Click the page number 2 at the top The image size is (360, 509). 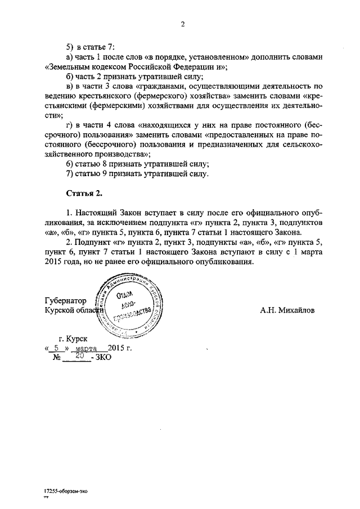click(183, 24)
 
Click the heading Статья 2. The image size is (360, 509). click(84, 193)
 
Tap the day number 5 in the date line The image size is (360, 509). click(57, 348)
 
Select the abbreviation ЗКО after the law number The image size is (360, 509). click(103, 358)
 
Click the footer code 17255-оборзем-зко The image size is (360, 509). click(66, 491)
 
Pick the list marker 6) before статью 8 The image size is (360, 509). click(70, 164)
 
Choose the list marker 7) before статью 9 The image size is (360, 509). click(70, 174)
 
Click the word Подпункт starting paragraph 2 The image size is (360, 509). click(94, 242)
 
